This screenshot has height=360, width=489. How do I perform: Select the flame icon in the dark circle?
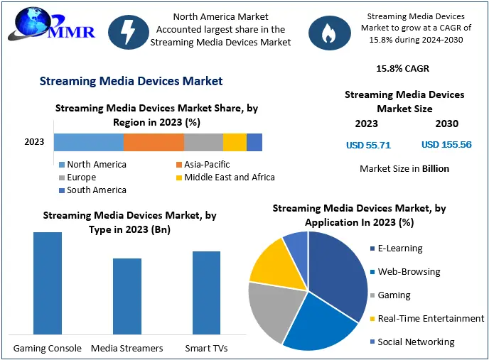(x=328, y=32)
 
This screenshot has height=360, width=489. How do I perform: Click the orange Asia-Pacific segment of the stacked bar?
(x=154, y=142)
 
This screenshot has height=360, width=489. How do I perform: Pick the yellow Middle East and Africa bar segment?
(x=235, y=142)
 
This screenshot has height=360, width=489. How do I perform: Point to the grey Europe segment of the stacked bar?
(x=203, y=142)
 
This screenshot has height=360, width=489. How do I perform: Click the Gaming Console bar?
(x=48, y=283)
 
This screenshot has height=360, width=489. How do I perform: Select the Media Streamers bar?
(x=127, y=296)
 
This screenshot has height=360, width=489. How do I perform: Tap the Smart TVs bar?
(x=206, y=293)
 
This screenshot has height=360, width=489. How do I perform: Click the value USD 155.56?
(x=446, y=145)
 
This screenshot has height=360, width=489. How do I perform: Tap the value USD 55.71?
(x=368, y=145)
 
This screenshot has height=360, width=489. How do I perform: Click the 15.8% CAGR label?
(x=402, y=69)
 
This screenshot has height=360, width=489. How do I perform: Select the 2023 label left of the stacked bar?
(x=34, y=142)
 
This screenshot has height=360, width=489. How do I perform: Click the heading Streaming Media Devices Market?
(x=131, y=81)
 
